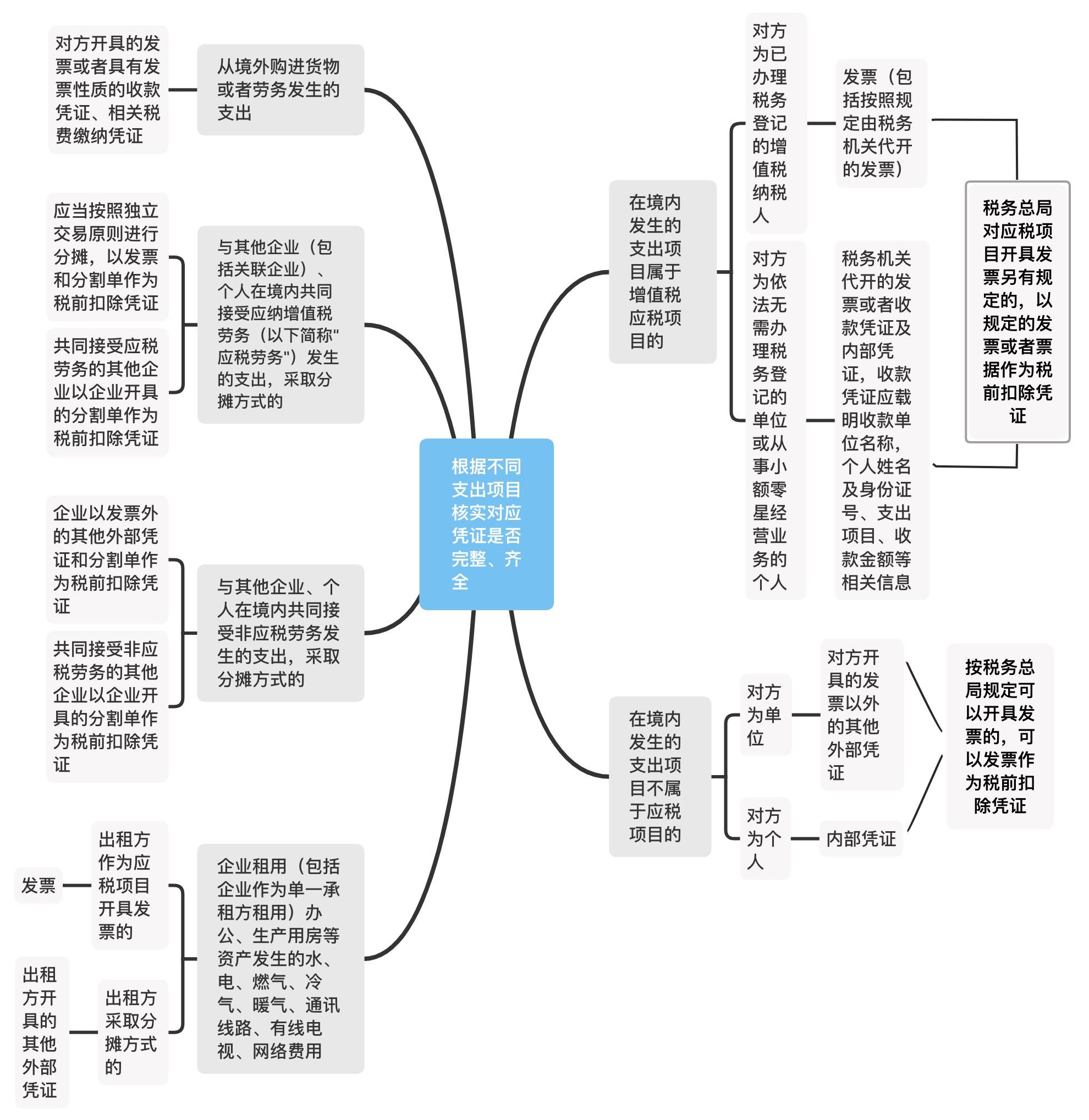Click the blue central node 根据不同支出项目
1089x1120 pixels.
486,523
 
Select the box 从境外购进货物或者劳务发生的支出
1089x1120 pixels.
280,90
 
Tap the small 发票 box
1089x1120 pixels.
38,885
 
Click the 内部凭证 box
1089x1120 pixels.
861,838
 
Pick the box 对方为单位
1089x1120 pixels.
765,715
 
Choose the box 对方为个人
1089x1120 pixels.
765,838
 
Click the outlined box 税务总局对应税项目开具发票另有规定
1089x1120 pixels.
1017,312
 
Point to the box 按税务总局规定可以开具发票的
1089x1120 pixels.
999,736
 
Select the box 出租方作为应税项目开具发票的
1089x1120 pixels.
129,885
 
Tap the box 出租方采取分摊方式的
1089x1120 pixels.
132,1033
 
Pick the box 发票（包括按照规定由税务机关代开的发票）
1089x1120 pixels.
880,123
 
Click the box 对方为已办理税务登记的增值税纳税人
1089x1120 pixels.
776,123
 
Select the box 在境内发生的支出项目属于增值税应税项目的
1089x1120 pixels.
662,272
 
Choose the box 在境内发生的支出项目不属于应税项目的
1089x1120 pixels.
659,776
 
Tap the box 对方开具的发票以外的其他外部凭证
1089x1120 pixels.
861,715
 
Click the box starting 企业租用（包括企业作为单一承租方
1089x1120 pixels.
280,958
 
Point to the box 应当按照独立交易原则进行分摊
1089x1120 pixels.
107,256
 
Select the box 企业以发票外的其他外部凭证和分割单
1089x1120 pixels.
107,559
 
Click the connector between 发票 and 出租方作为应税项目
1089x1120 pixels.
76,886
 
